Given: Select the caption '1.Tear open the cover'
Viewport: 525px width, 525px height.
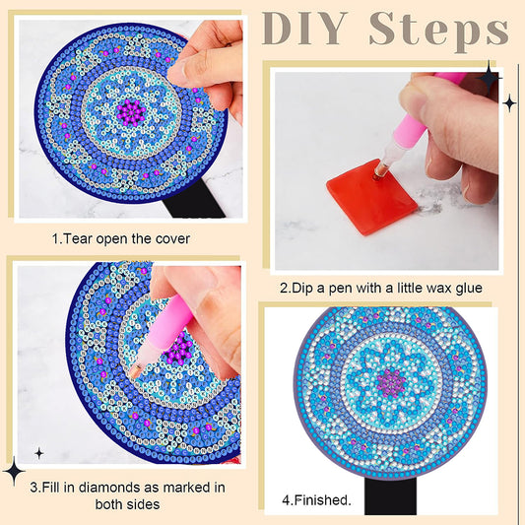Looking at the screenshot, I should (x=121, y=238).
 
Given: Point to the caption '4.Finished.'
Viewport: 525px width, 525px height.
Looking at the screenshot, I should (x=316, y=499).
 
